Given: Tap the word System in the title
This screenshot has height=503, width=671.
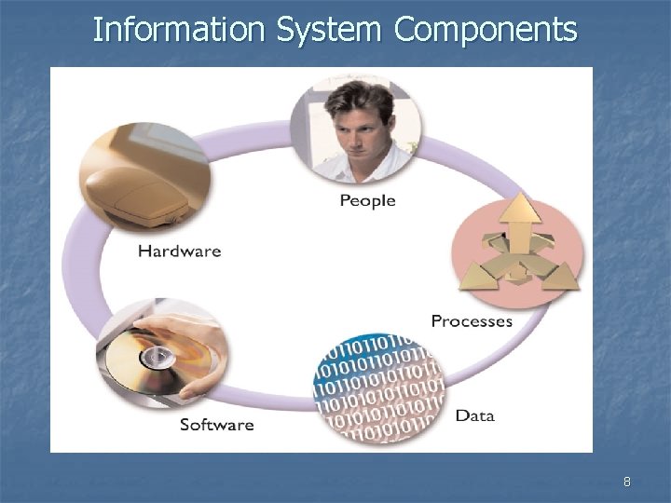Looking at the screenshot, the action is [330, 30].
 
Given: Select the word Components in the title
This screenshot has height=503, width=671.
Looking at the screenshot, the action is [486, 30].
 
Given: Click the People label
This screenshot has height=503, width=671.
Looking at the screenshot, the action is [367, 200].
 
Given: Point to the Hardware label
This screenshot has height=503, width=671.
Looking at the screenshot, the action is [179, 251].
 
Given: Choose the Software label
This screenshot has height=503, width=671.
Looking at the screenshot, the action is [216, 425].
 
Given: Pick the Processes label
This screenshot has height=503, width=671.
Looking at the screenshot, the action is [472, 320].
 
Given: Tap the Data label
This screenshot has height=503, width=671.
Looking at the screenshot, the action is [474, 415].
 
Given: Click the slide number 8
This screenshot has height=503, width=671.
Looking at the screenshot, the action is [626, 482].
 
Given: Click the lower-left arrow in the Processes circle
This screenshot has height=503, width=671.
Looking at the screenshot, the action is [487, 271].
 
